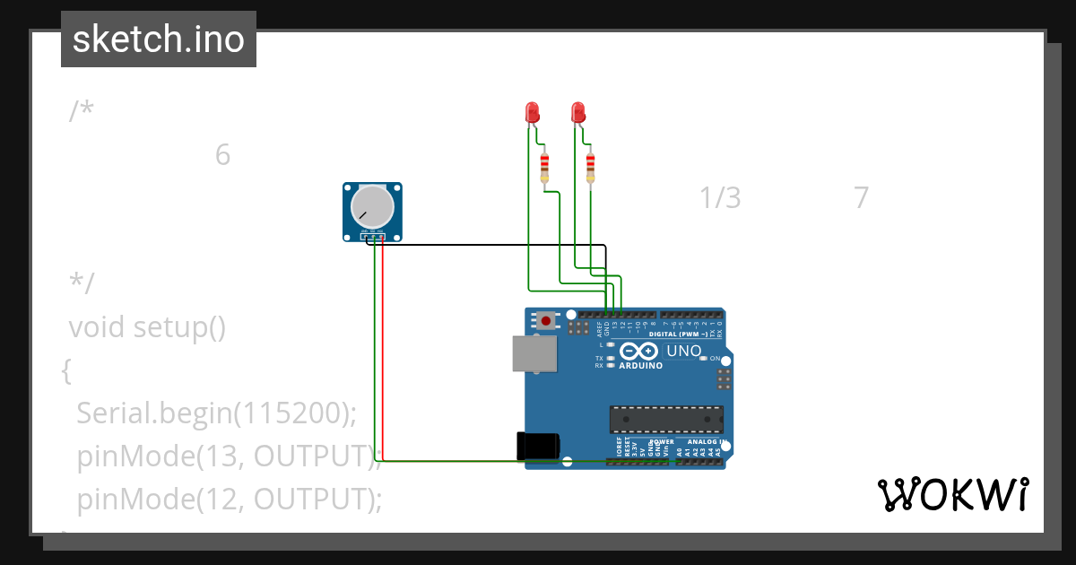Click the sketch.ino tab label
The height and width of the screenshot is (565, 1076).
click(x=159, y=39)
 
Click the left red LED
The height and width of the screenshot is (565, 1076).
click(x=532, y=112)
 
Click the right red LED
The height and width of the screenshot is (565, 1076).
click(x=578, y=112)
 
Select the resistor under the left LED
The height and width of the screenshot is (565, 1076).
click(x=544, y=168)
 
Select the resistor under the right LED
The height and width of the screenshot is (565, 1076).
click(x=590, y=168)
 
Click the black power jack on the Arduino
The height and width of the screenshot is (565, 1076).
click(x=538, y=447)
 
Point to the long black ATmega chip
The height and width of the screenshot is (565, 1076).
click(x=666, y=419)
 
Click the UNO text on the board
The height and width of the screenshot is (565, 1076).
click(x=684, y=351)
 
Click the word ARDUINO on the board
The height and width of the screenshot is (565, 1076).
click(x=640, y=366)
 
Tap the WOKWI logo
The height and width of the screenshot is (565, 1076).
click(x=952, y=495)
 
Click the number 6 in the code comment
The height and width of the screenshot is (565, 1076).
click(x=222, y=155)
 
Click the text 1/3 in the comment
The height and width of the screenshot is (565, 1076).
click(x=720, y=197)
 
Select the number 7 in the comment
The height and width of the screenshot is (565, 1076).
click(x=861, y=197)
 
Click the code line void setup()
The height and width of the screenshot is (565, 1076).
click(x=147, y=328)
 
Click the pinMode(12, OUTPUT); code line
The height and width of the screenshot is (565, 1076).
click(x=229, y=499)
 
